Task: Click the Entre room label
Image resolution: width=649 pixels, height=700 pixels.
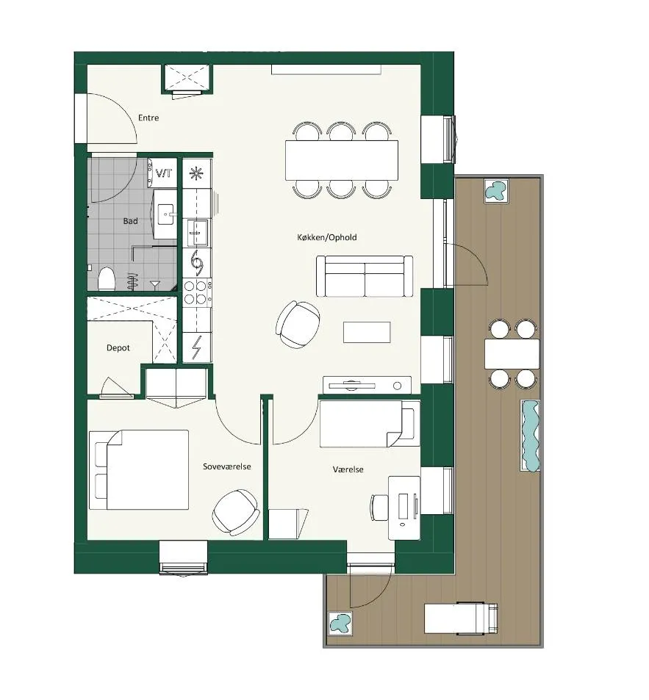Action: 148,118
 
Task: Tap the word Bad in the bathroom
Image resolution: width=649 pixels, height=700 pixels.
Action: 130,221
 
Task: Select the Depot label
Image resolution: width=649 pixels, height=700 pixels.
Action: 118,347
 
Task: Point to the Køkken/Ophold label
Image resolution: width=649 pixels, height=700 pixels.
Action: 327,237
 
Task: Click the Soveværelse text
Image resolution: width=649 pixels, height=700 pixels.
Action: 227,466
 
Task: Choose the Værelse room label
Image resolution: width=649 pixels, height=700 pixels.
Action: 348,469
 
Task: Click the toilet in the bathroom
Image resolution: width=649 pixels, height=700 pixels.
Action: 107,278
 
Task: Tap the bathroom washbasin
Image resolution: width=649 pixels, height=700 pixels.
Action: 165,214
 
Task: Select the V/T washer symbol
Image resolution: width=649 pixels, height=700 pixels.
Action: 163,173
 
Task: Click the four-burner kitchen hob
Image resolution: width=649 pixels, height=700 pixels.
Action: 197,292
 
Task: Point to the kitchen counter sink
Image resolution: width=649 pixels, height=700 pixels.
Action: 197,233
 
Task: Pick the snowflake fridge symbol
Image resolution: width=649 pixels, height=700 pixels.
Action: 196,173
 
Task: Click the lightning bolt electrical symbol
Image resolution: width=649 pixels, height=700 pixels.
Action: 196,347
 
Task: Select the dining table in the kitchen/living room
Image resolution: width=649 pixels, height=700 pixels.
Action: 342,160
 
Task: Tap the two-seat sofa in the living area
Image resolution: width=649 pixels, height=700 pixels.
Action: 365,276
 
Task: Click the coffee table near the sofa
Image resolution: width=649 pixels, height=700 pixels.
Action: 367,332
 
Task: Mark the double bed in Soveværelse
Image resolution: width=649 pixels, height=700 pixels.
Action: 139,469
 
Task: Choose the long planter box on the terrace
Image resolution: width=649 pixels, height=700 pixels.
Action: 530,436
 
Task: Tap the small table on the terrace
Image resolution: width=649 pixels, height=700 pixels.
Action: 512,353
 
